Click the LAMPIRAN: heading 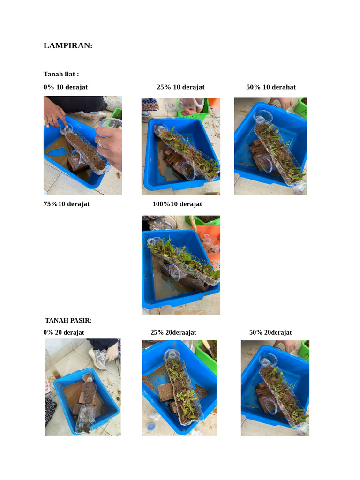(68, 45)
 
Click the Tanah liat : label (61, 74)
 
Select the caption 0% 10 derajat (66, 87)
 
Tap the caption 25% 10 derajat (180, 87)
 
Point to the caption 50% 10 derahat (271, 87)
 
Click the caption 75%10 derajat (67, 204)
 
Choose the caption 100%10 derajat (177, 204)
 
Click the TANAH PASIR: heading (68, 320)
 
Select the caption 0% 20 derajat (64, 332)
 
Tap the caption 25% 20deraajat (173, 332)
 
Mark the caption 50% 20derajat (270, 332)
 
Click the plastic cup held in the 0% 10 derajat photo (111, 123)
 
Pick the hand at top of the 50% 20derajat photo (285, 345)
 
